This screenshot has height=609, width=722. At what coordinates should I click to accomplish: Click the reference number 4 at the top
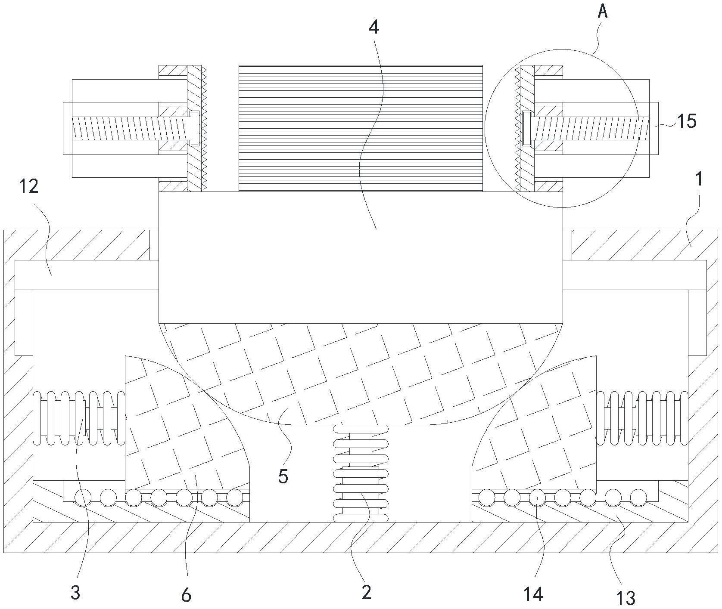[x=374, y=27]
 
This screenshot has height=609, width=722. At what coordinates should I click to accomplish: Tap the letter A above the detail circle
[x=603, y=12]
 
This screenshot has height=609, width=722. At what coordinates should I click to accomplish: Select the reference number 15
[x=687, y=122]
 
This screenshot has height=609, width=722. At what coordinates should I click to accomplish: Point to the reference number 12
[x=28, y=187]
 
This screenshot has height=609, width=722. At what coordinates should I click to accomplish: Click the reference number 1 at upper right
[x=700, y=179]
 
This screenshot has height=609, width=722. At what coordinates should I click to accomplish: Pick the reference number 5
[x=283, y=476]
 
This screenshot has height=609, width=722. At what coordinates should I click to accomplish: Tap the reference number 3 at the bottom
[x=75, y=593]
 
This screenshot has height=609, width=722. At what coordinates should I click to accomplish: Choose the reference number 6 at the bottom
[x=186, y=595]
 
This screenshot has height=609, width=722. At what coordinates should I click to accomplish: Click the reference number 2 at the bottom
[x=366, y=593]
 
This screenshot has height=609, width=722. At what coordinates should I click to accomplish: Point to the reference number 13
[x=626, y=597]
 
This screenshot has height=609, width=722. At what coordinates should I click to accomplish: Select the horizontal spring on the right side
[x=642, y=418]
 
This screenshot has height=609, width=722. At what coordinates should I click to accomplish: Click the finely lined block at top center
[x=361, y=128]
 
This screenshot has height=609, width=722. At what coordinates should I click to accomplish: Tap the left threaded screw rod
[x=129, y=129]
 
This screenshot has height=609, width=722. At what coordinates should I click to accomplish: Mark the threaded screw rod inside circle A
[x=590, y=129]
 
